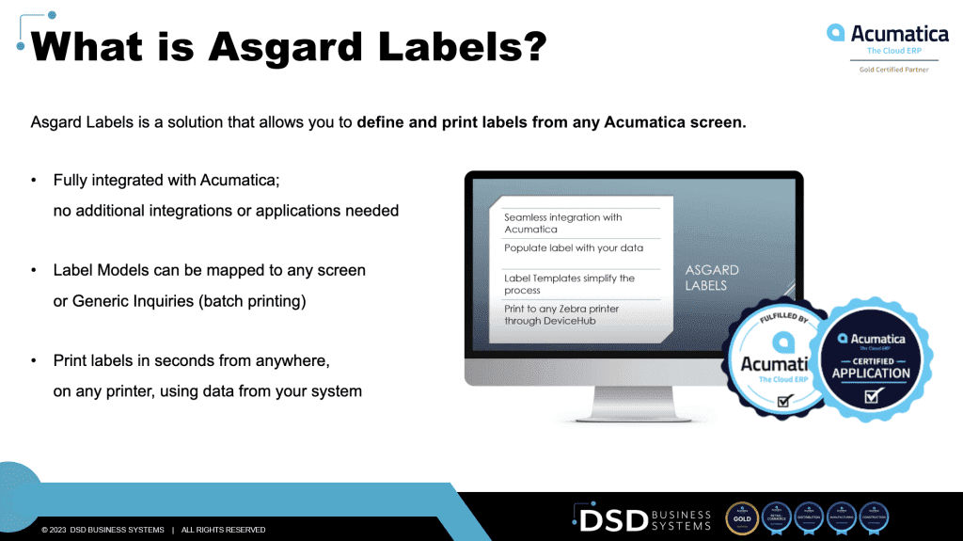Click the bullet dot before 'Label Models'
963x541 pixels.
(x=35, y=271)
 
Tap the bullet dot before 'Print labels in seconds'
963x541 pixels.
(x=35, y=361)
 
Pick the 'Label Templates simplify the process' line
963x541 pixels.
(x=569, y=284)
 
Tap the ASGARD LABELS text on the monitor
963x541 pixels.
(x=711, y=278)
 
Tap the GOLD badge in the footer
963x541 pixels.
(x=742, y=518)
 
